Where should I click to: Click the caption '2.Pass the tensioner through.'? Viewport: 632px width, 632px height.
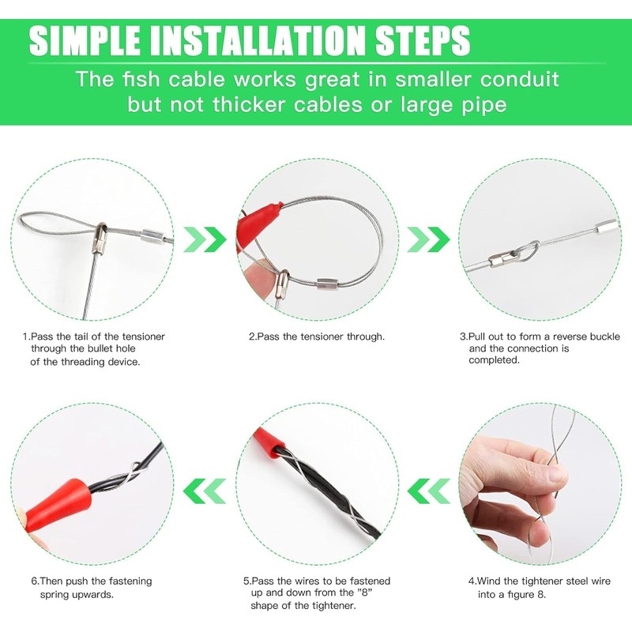317,337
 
